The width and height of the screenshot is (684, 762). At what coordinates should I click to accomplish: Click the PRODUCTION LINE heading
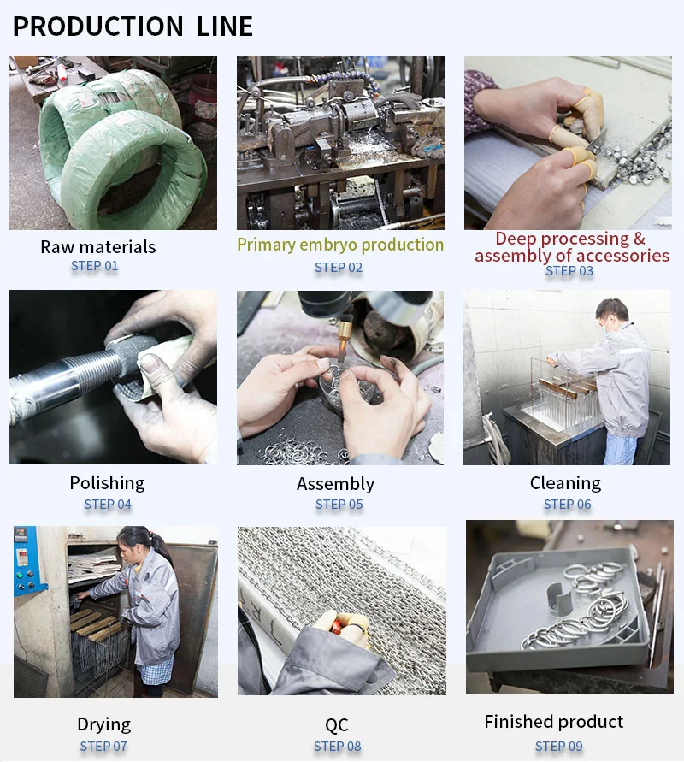tap(133, 27)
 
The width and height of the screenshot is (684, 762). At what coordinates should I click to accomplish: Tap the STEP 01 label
tap(95, 266)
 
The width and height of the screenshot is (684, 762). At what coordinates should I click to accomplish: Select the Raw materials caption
tap(98, 247)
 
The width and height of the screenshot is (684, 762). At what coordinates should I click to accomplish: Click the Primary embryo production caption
tap(340, 245)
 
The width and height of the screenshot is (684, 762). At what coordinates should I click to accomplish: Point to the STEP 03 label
tap(569, 271)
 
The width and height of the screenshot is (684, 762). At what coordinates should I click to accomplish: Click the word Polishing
tap(107, 483)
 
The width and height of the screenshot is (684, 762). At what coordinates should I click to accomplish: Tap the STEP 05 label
tap(339, 505)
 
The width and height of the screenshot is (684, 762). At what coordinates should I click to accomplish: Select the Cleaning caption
tap(565, 483)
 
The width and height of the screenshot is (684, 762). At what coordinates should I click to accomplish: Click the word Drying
tap(104, 724)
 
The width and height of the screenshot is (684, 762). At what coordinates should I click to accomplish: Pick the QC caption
tap(337, 725)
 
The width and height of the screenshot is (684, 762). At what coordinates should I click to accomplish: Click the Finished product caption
tap(554, 722)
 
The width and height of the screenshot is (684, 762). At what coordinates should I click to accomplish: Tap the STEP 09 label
tap(558, 746)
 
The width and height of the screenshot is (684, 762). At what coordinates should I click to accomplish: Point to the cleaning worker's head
tap(612, 315)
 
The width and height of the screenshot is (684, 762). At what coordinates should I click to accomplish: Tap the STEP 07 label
tap(103, 746)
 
